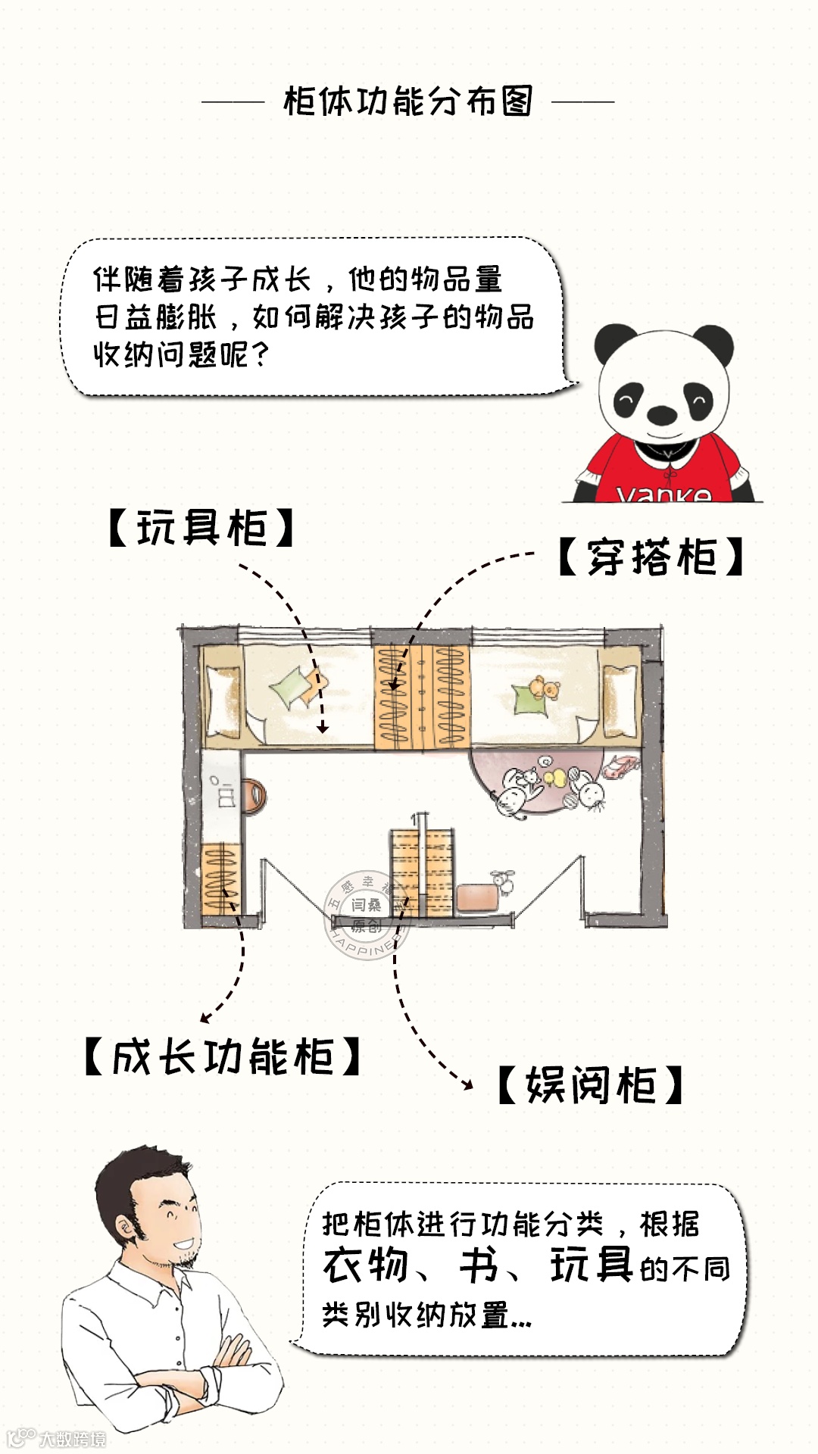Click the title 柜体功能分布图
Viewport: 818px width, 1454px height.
pos(408,101)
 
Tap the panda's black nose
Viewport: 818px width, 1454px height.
pos(661,413)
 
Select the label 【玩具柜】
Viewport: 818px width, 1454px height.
pos(201,528)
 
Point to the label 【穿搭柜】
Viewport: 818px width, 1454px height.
pos(651,558)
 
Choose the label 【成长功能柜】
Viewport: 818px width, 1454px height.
pos(222,1057)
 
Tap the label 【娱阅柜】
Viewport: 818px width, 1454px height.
pos(590,1085)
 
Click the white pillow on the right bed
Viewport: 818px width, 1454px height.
pos(620,700)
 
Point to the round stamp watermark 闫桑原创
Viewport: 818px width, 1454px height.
pos(367,913)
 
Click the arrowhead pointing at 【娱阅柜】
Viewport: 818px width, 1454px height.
pos(468,1085)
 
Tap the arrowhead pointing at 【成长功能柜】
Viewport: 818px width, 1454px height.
pos(204,1018)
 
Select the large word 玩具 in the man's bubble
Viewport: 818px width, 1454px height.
pos(591,1265)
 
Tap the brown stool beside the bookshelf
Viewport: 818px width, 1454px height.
pos(476,897)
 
